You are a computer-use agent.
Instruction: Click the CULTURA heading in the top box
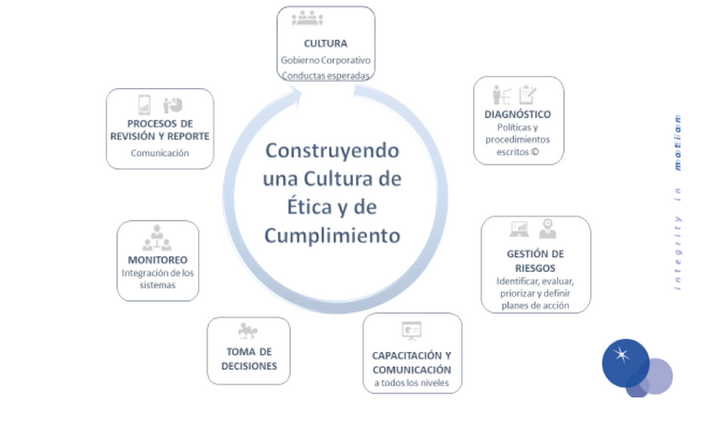(x=325, y=43)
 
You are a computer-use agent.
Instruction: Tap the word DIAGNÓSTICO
(x=518, y=114)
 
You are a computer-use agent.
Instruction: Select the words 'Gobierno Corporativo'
(x=325, y=60)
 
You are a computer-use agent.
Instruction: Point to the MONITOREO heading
(x=157, y=260)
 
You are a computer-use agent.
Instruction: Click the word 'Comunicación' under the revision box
(x=160, y=153)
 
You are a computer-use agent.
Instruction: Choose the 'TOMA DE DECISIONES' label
(x=248, y=358)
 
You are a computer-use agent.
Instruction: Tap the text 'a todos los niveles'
(x=412, y=383)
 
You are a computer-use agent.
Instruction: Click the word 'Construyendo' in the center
(x=332, y=150)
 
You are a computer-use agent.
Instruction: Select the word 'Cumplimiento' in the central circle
(x=332, y=235)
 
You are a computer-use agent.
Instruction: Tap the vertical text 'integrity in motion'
(x=678, y=201)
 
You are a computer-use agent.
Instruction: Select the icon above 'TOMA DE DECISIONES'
(x=247, y=331)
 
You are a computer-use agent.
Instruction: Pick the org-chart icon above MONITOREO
(x=157, y=238)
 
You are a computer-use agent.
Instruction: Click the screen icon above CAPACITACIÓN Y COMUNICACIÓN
(x=411, y=330)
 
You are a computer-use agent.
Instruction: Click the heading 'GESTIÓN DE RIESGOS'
(x=535, y=261)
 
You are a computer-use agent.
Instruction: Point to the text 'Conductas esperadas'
(x=325, y=75)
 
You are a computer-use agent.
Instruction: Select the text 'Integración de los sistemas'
(x=157, y=279)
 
